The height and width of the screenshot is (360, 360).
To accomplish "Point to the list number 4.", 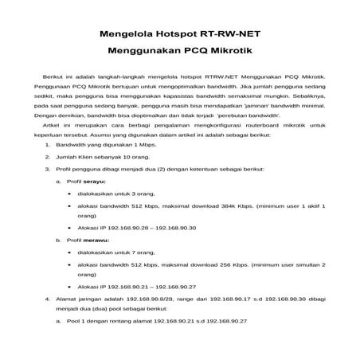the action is point(47,298).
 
